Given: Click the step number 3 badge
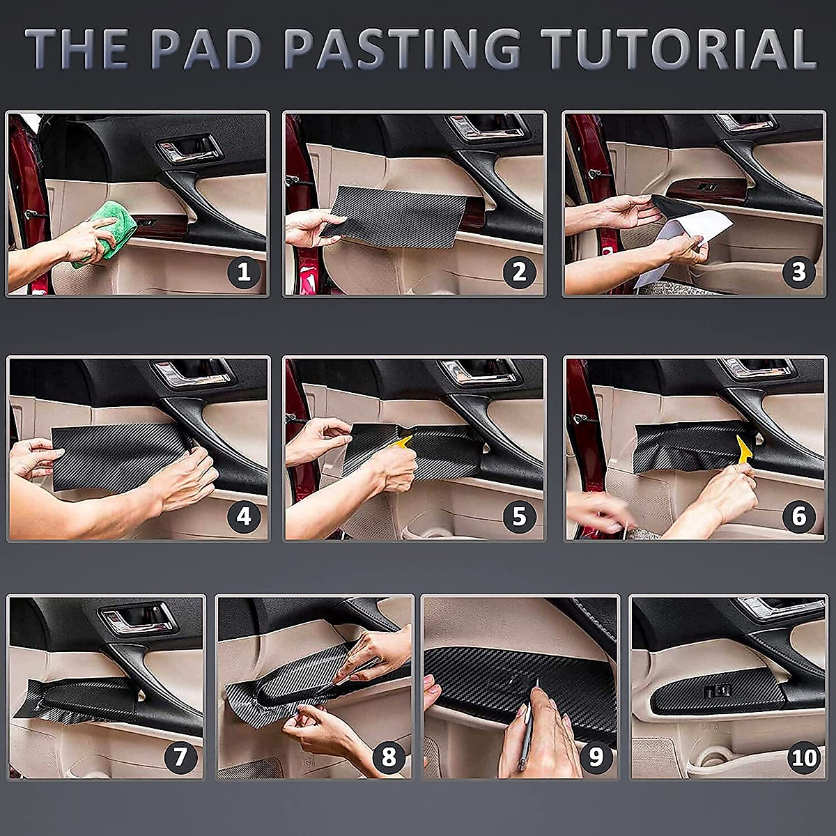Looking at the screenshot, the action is (x=798, y=272).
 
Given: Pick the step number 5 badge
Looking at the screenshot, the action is (x=519, y=516).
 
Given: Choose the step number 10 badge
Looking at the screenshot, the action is (x=804, y=758).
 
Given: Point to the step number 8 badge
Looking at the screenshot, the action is (x=389, y=757).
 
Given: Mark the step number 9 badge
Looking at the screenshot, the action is (x=596, y=757).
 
